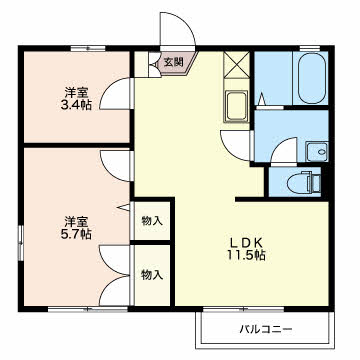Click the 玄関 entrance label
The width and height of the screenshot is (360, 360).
[172, 62]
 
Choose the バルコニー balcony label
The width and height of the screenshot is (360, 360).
[265, 328]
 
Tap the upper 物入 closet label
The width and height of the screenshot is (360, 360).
[153, 220]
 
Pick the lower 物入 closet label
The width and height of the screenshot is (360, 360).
[153, 273]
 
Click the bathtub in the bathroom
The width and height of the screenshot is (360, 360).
[310, 76]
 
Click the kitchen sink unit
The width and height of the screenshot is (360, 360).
[237, 106]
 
